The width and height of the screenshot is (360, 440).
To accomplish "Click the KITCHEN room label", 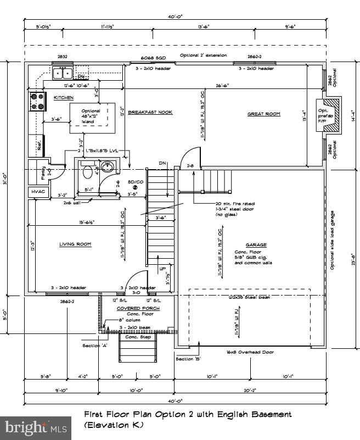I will (63, 97).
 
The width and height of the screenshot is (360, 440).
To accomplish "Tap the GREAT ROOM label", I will (263, 114).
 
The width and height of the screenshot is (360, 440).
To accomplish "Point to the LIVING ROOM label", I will (75, 244).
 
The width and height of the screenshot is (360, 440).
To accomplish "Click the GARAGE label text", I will (256, 244).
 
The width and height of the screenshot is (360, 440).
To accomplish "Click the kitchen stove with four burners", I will (37, 102).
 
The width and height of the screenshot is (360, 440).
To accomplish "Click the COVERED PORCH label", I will (138, 308).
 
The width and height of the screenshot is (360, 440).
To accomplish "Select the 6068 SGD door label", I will (153, 57).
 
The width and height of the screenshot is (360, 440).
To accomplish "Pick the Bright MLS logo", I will (36, 426).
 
